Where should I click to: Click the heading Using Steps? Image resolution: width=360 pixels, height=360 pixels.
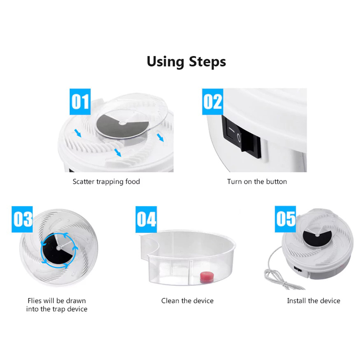click(186, 62)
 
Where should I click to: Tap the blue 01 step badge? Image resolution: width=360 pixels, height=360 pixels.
click(80, 102)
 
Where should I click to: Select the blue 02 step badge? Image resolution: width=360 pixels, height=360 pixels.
click(213, 102)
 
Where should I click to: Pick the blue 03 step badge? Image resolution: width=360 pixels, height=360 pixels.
click(22, 219)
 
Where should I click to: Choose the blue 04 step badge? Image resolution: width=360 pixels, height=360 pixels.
click(146, 219)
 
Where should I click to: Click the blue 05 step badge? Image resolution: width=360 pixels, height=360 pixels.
click(285, 219)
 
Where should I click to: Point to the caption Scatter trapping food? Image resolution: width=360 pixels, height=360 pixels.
click(106, 181)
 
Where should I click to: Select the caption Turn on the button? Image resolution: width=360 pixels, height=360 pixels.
click(257, 181)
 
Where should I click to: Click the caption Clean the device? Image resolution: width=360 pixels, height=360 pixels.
click(187, 300)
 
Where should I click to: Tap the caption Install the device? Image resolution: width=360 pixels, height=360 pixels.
click(314, 300)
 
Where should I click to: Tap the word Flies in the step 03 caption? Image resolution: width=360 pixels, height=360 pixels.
click(34, 300)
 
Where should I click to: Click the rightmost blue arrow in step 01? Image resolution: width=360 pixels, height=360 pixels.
click(160, 137)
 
